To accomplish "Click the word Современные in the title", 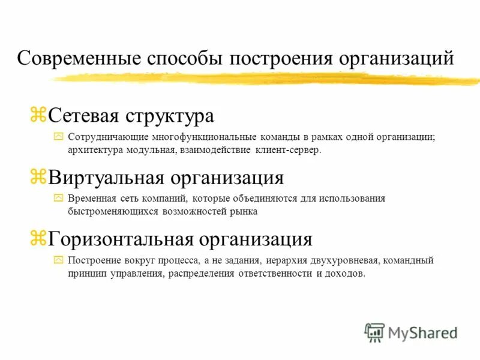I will point(78,59).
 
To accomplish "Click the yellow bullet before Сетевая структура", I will point(38,115).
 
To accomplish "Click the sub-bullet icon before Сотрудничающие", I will point(58,137).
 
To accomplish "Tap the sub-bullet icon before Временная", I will point(58,199).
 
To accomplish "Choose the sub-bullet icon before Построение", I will point(58,260).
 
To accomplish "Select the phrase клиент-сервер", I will point(288,150).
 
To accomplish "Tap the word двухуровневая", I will point(342,260).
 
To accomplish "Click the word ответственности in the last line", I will point(274,274).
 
